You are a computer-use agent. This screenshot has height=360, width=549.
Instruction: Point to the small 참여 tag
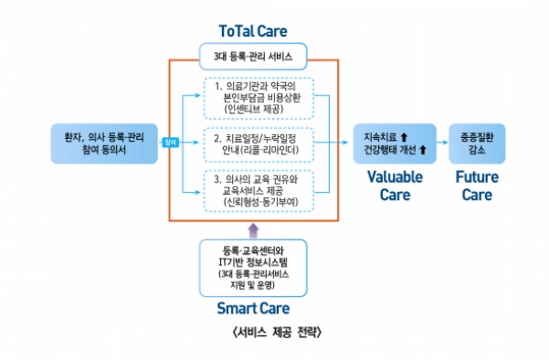(x=168, y=142)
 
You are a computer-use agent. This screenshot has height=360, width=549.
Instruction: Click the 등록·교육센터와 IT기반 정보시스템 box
(x=253, y=264)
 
